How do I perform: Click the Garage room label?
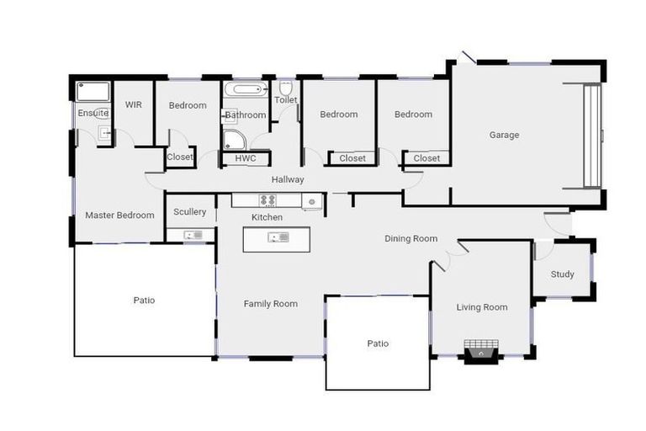pyautogui.click(x=504, y=135)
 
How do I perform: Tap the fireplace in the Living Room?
pyautogui.click(x=481, y=349)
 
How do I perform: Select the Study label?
pyautogui.click(x=562, y=274)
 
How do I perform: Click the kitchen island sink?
pyautogui.click(x=278, y=237)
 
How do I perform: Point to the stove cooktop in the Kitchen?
pyautogui.click(x=267, y=200)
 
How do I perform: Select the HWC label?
pyautogui.click(x=246, y=158)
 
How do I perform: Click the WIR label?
pyautogui.click(x=134, y=105)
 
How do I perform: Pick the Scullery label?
pyautogui.click(x=189, y=212)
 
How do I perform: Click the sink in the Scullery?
pyautogui.click(x=193, y=235)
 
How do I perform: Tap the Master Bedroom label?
pyautogui.click(x=119, y=215)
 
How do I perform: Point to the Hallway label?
pyautogui.click(x=288, y=179)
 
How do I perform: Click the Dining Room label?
pyautogui.click(x=410, y=239)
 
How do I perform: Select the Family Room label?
pyautogui.click(x=271, y=304)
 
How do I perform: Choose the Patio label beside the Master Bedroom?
pyautogui.click(x=144, y=301)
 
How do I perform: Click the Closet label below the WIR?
pyautogui.click(x=180, y=157)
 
